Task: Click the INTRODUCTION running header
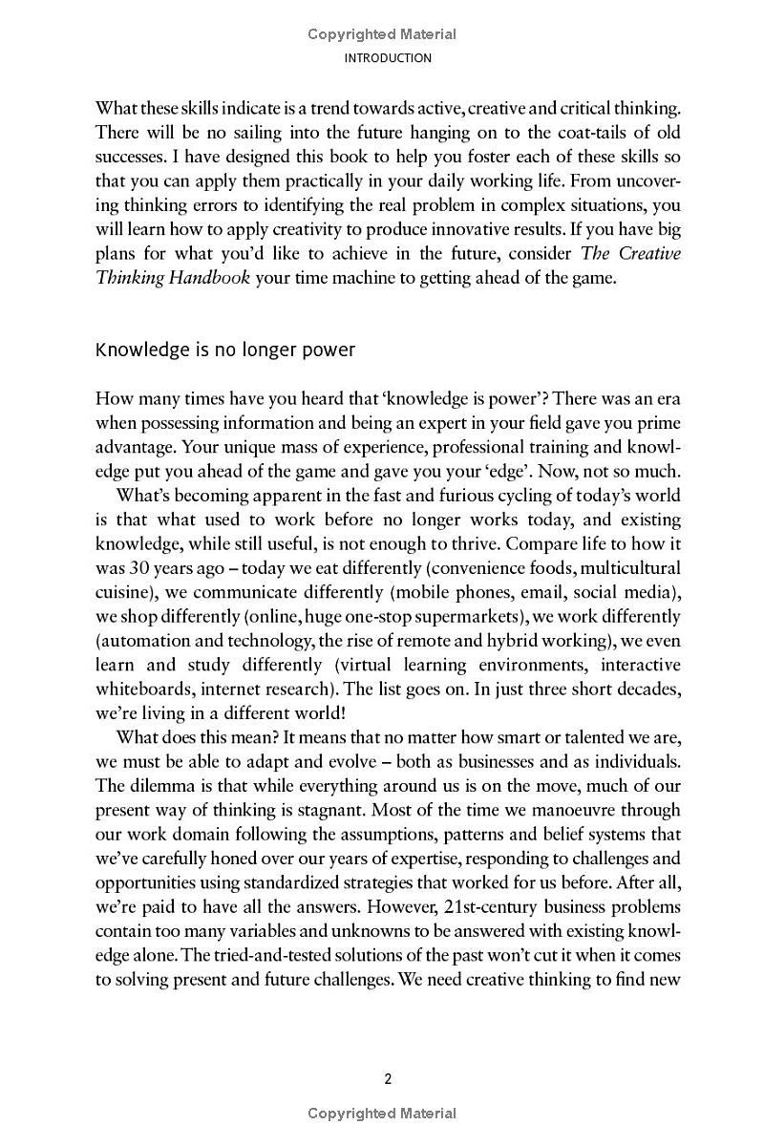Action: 381,58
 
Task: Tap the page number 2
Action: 388,1079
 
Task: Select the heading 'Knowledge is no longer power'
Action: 225,350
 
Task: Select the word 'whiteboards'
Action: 141,689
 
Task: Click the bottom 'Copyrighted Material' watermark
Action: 381,1113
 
